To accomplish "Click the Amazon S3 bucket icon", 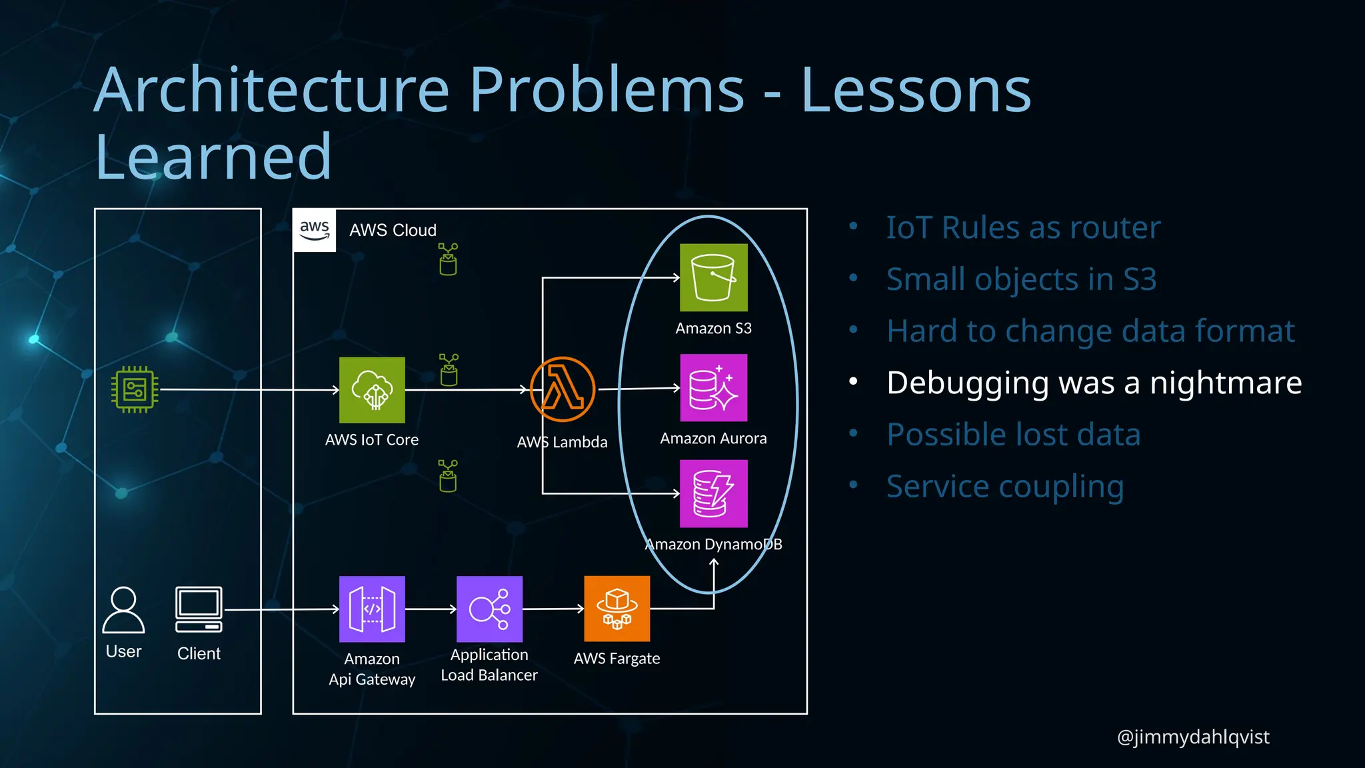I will coord(713,277).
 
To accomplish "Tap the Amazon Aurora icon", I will coord(713,387).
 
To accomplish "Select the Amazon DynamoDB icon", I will coord(713,493).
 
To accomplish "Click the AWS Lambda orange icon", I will coord(563,389).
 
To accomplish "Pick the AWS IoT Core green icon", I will coord(372,390).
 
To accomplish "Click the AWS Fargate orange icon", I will coord(617,609).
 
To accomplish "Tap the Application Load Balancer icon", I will coord(489,609).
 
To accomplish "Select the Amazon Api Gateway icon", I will coord(372,609).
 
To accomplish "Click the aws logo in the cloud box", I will coord(315,230).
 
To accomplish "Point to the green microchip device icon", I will coord(135,389).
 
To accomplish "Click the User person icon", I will coord(123,609).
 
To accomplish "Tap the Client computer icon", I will coord(199,609).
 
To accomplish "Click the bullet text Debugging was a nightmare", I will coord(1094,383).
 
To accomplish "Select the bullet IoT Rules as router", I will coord(1023,228).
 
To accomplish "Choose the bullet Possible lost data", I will coord(1013,435).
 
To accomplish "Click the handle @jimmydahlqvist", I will coord(1192,737).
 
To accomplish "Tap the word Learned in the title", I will coord(213,157).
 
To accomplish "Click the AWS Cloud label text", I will coord(393,230).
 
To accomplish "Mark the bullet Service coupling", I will coord(1005,486).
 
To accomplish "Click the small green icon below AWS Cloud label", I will coord(448,259).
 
